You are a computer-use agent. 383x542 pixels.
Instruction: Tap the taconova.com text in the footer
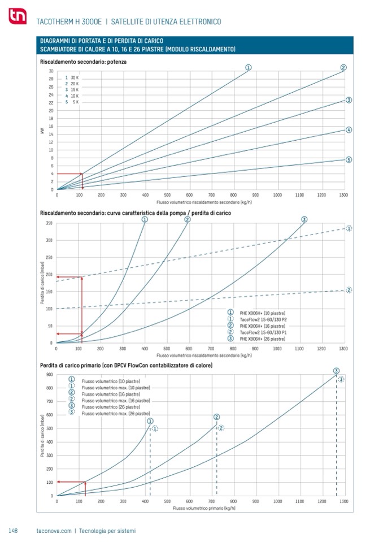(54, 531)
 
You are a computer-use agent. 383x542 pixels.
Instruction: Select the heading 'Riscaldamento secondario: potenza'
(84, 61)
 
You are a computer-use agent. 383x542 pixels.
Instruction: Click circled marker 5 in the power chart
(349, 159)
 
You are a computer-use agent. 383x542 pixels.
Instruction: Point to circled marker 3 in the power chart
(349, 100)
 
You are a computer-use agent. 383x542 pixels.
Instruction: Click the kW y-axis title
(42, 131)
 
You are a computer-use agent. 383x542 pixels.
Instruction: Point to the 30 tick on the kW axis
(51, 71)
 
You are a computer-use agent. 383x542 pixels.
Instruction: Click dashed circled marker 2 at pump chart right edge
(349, 290)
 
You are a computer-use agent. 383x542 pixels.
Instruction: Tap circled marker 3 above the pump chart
(304, 219)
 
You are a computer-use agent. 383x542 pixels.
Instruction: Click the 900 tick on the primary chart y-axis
(50, 374)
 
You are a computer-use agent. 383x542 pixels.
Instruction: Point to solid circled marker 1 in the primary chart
(150, 421)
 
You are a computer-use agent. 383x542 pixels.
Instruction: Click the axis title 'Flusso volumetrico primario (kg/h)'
(204, 508)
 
